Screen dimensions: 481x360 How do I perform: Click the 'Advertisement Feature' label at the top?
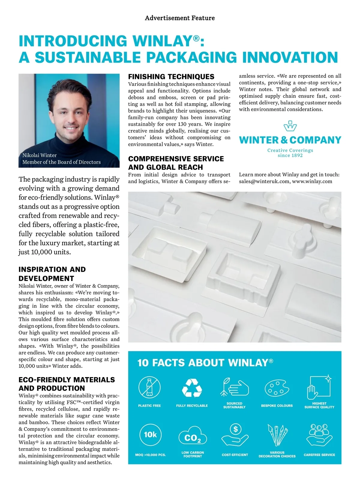pos(180,18)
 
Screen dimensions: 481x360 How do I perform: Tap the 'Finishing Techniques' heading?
pos(171,77)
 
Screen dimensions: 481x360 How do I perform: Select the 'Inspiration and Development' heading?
pos(52,274)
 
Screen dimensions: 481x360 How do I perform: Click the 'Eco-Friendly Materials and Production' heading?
pos(67,384)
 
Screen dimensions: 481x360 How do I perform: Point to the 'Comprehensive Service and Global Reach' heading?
pos(176,163)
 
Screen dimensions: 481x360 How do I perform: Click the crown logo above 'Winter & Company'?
pos(290,126)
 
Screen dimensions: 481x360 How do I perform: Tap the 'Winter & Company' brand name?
pos(290,140)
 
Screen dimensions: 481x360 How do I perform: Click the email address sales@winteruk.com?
pos(264,181)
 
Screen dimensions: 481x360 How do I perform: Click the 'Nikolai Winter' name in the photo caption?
pos(40,155)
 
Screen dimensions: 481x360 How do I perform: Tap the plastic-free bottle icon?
pos(149,387)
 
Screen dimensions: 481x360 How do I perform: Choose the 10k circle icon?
pos(150,434)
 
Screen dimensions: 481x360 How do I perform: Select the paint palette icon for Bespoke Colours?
pos(277,388)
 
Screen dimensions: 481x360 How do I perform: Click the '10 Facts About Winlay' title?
pos(205,363)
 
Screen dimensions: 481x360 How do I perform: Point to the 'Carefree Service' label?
pos(319,455)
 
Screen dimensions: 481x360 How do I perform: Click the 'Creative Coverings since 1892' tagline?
pos(290,153)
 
